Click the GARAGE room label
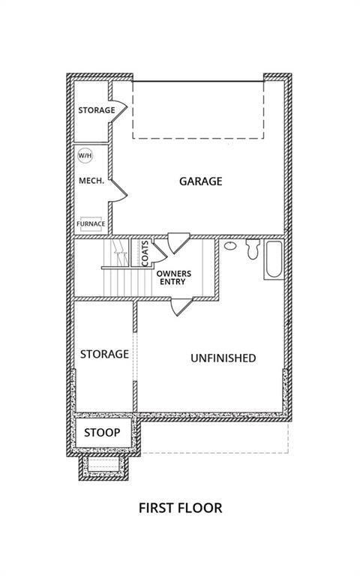200,181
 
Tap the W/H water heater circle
85,156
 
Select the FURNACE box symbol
91,223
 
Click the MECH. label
91,181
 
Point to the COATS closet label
145,253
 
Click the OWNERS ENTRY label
173,277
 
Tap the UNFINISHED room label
223,358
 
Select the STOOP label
102,433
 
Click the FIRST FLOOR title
180,508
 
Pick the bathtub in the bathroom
274,259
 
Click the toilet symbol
253,249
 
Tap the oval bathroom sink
230,246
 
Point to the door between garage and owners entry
178,242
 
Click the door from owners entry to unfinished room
181,306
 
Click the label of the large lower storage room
104,354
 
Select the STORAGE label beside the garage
97,110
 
